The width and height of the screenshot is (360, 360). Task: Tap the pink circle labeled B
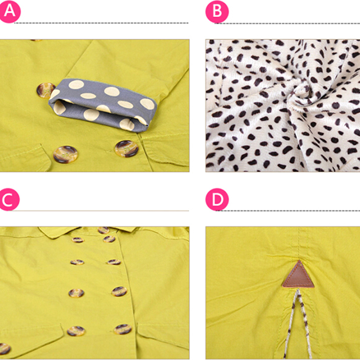pyautogui.click(x=217, y=12)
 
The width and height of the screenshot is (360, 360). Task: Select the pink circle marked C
pyautogui.click(x=9, y=199)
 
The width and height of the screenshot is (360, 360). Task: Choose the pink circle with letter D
pyautogui.click(x=217, y=199)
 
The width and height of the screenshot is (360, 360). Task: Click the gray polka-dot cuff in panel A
pyautogui.click(x=103, y=105)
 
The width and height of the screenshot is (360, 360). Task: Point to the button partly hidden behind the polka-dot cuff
pyautogui.click(x=45, y=90)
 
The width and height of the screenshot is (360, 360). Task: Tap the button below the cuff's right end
pyautogui.click(x=127, y=149)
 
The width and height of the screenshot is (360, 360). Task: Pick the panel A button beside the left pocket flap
pyautogui.click(x=65, y=154)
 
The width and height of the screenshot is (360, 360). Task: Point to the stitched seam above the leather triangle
pyautogui.click(x=299, y=243)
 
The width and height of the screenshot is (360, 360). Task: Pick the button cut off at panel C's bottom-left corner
pyautogui.click(x=4, y=349)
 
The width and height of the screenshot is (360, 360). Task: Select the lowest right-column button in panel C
pyautogui.click(x=123, y=329)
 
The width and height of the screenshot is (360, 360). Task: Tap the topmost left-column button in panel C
pyautogui.click(x=77, y=240)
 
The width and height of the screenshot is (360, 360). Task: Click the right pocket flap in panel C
pyautogui.click(x=163, y=335)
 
